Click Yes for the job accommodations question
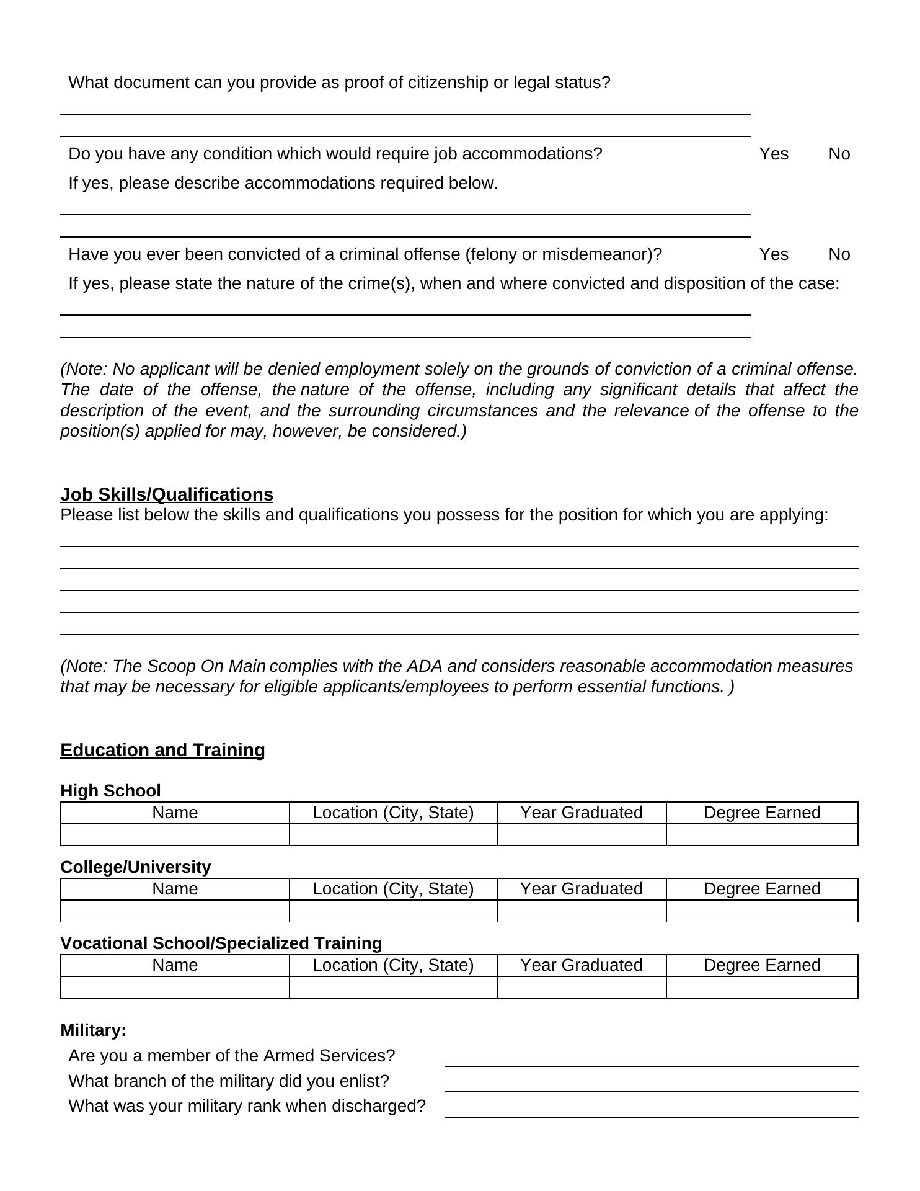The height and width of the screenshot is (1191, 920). coord(774,154)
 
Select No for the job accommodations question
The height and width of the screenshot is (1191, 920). coord(839,154)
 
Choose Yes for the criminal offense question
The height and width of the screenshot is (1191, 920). coord(774,254)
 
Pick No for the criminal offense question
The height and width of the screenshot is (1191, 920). coord(839,254)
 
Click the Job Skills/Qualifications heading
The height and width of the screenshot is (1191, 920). coord(167,494)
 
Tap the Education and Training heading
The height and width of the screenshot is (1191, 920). coord(162,750)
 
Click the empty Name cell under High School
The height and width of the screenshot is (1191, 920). coord(175,835)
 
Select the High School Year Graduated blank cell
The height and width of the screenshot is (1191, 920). coord(582,835)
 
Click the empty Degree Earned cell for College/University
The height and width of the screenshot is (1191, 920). coord(762,911)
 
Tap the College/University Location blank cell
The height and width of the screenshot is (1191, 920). coord(393,911)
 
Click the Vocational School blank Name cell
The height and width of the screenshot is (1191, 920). coord(175,988)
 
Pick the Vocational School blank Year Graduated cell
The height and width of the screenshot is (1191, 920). coord(582,988)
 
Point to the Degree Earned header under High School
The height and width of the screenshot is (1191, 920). coord(762,813)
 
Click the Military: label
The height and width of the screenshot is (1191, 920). coord(94,1030)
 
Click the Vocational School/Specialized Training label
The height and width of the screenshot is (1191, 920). coord(221,943)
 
